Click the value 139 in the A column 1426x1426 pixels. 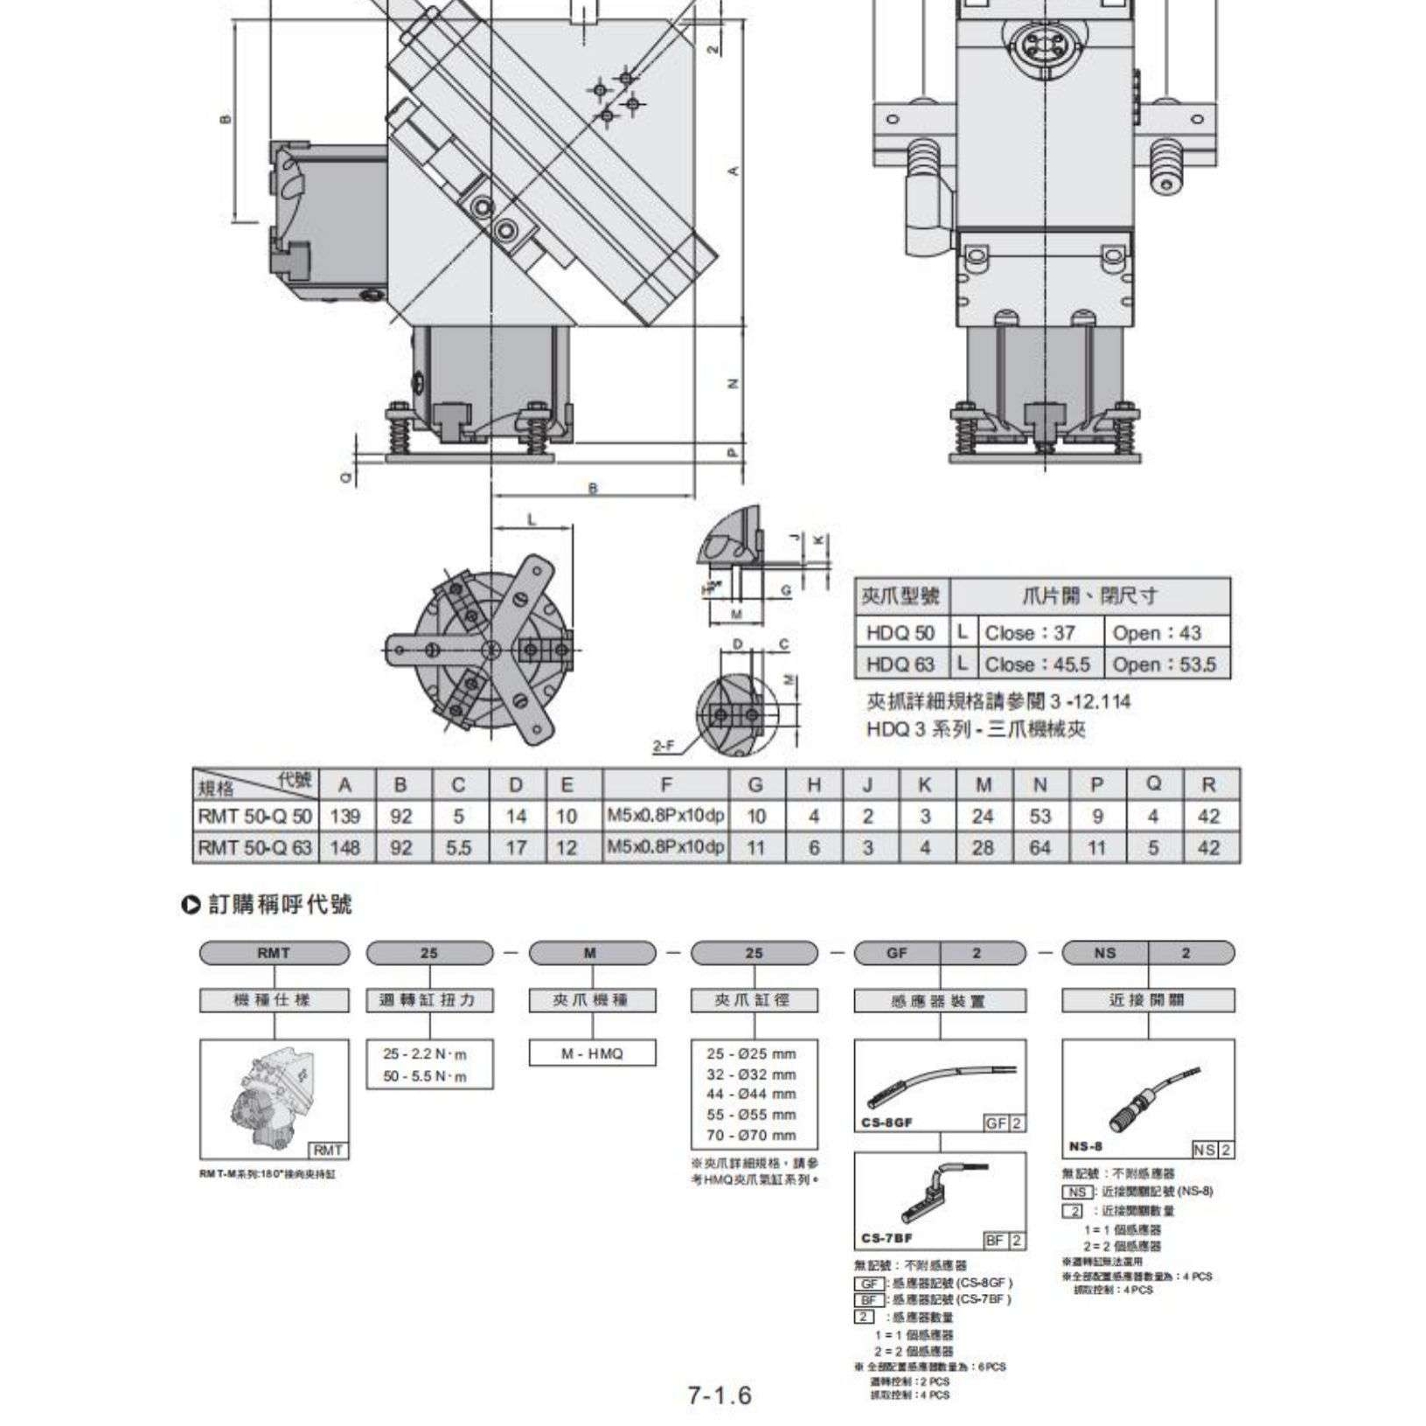[x=345, y=816]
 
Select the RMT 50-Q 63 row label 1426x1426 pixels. [x=254, y=847]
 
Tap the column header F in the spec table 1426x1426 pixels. [x=665, y=784]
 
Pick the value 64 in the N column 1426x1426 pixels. [x=1040, y=847]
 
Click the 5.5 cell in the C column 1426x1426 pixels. [x=458, y=847]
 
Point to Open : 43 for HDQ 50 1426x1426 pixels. [x=1156, y=632]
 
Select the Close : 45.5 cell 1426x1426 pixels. [x=1037, y=664]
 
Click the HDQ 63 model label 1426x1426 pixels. [x=901, y=664]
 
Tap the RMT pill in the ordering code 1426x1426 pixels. [x=274, y=953]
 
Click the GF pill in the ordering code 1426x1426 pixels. [x=897, y=953]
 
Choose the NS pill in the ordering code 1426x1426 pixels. [x=1104, y=953]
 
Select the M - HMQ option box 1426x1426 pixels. [x=592, y=1054]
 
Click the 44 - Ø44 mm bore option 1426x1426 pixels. [x=751, y=1094]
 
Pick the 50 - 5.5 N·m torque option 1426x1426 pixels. [x=425, y=1076]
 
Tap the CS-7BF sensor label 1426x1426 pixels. [x=887, y=1238]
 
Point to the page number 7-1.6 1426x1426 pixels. [x=719, y=1395]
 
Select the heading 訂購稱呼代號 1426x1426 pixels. [x=279, y=904]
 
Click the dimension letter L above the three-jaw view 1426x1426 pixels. [x=532, y=519]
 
